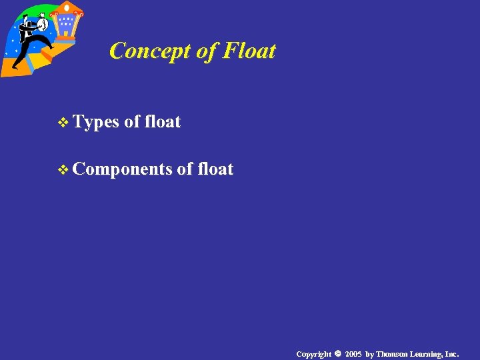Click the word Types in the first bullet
[96, 122]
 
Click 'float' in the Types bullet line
[162, 122]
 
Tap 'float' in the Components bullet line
[215, 169]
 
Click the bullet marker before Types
[63, 123]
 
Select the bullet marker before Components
[63, 170]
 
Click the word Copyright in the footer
[313, 354]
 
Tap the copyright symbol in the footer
[338, 353]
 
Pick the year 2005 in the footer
[353, 354]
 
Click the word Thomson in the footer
[393, 354]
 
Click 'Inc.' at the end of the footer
[452, 354]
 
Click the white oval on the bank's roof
[67, 6]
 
